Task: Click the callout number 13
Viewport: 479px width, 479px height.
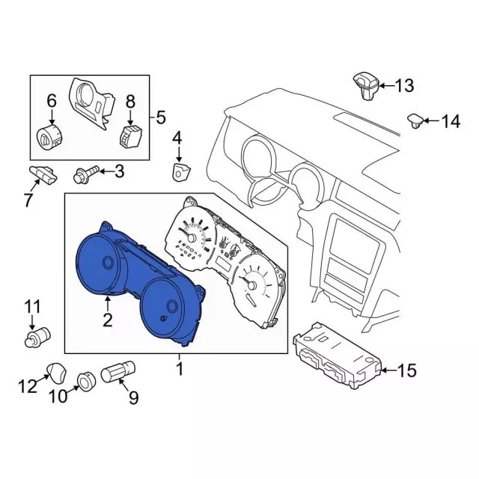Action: click(x=404, y=86)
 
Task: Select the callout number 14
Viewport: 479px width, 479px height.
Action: click(x=451, y=120)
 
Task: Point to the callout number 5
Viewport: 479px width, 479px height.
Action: click(x=160, y=117)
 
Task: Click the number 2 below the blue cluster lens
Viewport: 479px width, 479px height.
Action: click(x=108, y=321)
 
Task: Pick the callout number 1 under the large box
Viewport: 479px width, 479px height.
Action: click(x=179, y=369)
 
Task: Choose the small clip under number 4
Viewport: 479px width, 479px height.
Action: click(x=180, y=172)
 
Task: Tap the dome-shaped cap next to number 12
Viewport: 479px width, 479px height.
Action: click(x=57, y=370)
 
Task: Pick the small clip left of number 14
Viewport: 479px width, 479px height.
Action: click(x=415, y=120)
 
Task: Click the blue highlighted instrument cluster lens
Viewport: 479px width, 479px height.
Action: click(x=135, y=284)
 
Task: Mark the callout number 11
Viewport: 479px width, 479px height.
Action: click(x=32, y=306)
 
